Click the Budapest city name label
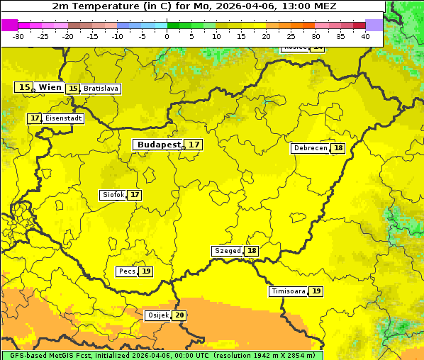point(159,145)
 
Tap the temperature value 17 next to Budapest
point(194,145)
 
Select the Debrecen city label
point(310,148)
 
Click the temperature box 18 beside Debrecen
point(338,148)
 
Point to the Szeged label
point(228,251)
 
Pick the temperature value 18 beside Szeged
point(252,251)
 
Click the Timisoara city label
point(289,291)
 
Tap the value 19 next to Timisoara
point(316,291)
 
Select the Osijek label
point(157,315)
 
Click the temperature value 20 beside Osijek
point(180,315)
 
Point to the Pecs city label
point(127,271)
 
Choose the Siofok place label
point(112,195)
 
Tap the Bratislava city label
point(100,89)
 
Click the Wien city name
point(50,87)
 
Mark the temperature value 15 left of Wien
point(24,87)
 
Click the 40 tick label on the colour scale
point(365,36)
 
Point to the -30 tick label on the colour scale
point(18,36)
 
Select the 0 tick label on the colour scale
point(167,36)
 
